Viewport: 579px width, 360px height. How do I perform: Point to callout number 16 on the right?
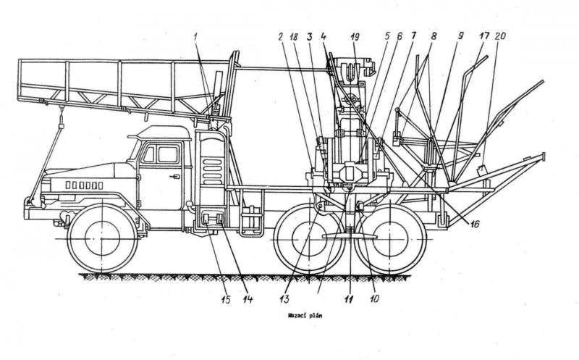click(474, 224)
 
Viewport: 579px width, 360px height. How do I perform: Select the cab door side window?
click(168, 154)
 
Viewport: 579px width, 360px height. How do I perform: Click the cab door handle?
click(174, 176)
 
